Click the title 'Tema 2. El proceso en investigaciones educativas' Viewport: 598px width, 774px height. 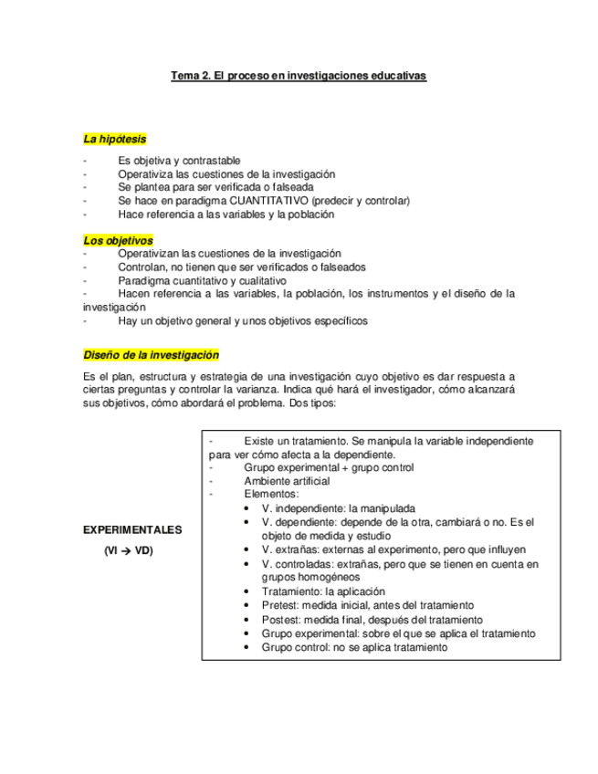coord(299,76)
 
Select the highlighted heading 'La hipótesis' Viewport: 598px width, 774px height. coord(114,140)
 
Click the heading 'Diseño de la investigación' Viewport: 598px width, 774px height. coord(151,355)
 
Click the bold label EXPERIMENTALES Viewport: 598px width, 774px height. coord(132,529)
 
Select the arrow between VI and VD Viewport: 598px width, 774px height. coord(127,551)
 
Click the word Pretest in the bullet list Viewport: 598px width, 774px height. coord(278,605)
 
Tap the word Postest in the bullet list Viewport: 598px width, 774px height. coord(279,619)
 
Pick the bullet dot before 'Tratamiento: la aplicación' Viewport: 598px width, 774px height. coord(249,592)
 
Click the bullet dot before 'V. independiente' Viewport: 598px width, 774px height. coord(249,508)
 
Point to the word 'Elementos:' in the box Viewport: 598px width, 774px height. coord(270,494)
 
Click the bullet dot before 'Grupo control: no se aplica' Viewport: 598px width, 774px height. coord(249,647)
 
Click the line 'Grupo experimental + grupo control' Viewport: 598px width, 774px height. coord(329,467)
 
